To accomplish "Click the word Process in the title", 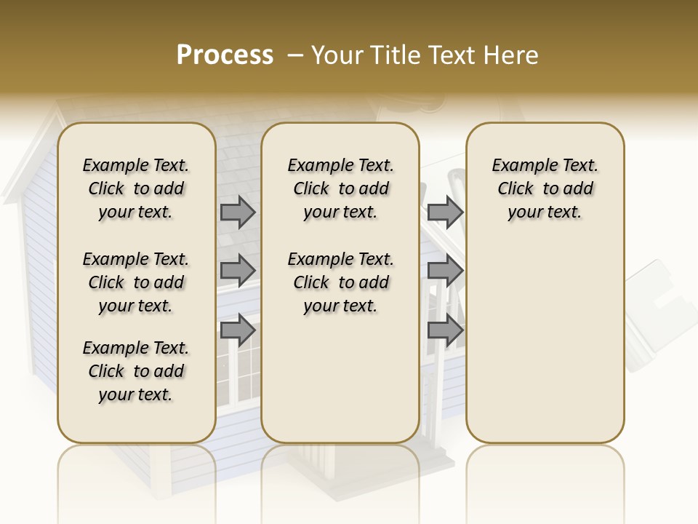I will [225, 55].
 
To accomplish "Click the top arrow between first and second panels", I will [238, 212].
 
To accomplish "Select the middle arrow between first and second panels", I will [238, 270].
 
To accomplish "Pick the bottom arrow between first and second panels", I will [238, 330].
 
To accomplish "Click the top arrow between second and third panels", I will [445, 212].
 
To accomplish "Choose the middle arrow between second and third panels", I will [445, 270].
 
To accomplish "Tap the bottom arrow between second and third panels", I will [445, 330].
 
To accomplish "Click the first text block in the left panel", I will [136, 188].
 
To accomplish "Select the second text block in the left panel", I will [136, 282].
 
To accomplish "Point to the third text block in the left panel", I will [136, 371].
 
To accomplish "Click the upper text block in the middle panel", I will [340, 188].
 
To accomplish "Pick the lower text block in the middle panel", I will [340, 282].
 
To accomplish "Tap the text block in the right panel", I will [545, 188].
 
